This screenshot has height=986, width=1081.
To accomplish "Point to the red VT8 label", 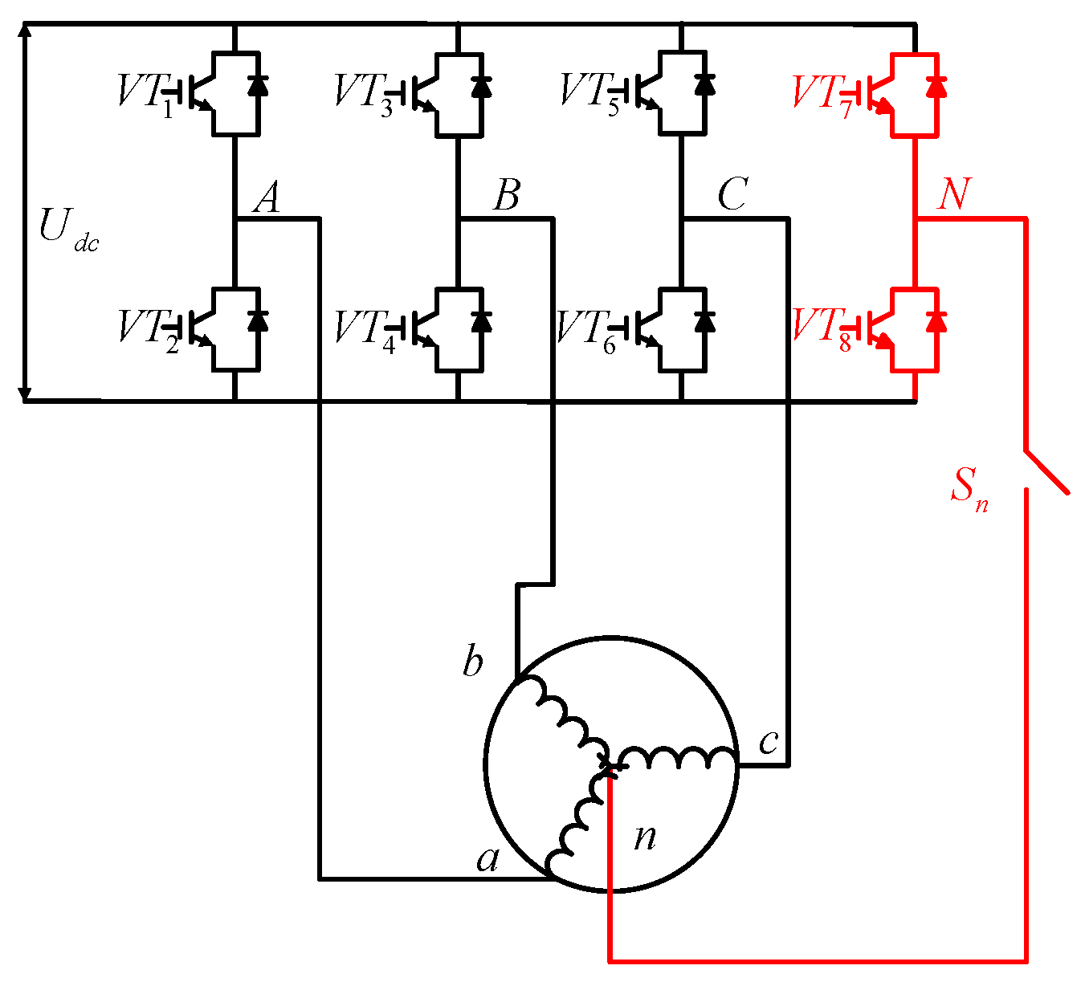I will coord(822,328).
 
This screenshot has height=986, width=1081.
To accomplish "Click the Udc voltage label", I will coord(67,229).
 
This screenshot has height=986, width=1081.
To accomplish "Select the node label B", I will coord(506,195).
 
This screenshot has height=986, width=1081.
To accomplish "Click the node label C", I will coord(732,195).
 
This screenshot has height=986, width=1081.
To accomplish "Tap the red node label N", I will coord(954,195).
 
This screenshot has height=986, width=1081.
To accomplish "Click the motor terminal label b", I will coord(473,663).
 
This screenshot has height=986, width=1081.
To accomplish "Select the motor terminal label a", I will coord(487,859).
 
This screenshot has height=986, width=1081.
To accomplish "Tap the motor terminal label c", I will coord(769,742).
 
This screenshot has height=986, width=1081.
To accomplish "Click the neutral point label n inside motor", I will coord(645,837).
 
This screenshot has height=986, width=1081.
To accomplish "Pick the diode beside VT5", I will coord(705,84).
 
